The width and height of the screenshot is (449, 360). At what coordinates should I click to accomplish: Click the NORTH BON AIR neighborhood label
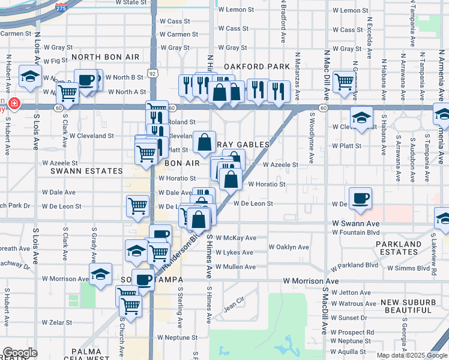point(105,57)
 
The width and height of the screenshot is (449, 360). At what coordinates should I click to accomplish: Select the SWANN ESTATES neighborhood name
point(78,171)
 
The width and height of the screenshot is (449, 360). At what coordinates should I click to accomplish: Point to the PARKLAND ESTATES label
point(399,248)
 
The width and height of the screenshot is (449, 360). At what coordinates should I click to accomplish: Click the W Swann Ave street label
point(357,223)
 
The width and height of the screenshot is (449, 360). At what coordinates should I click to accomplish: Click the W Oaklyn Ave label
point(288,247)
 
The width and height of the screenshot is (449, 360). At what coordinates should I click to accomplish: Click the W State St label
point(131,2)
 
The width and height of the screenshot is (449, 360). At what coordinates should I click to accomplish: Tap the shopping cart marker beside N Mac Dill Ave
point(344,81)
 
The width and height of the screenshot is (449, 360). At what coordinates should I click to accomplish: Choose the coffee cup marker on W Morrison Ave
point(143,279)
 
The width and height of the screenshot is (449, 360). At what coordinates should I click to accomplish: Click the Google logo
point(20,353)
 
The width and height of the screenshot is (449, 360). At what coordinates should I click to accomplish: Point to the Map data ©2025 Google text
point(411,355)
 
